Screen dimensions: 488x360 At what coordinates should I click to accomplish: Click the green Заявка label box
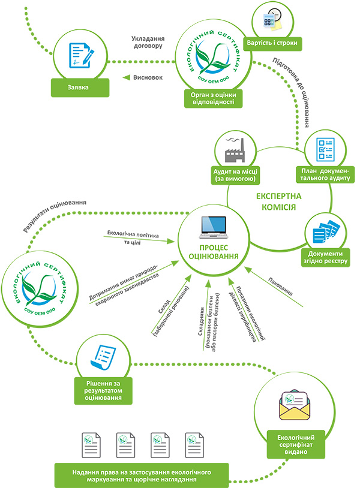(x=79, y=87)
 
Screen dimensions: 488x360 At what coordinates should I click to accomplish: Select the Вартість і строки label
(x=272, y=44)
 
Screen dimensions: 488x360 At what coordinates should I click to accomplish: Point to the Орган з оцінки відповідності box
(x=213, y=98)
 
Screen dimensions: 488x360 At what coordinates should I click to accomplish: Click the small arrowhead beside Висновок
(x=127, y=77)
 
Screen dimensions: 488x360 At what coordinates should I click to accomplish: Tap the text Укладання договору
(x=148, y=41)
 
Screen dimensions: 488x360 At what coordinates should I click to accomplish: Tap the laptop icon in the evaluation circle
(x=213, y=228)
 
